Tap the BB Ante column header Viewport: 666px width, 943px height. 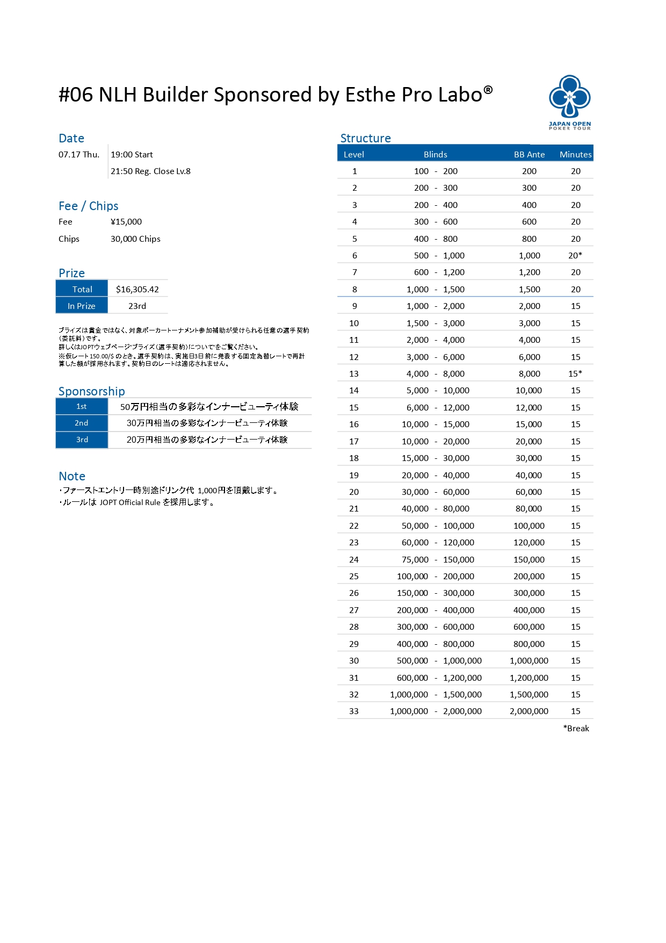(529, 154)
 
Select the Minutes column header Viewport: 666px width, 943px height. (575, 154)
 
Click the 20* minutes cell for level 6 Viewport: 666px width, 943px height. (575, 255)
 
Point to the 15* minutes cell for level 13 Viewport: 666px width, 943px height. (575, 373)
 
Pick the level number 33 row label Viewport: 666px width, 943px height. (354, 711)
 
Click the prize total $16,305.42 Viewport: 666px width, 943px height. (137, 289)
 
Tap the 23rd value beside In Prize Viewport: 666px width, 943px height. (137, 306)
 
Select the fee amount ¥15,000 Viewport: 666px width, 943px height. (126, 221)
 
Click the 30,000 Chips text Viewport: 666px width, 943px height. (135, 239)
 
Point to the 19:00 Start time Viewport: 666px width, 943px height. (132, 154)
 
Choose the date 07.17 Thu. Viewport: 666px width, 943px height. (79, 154)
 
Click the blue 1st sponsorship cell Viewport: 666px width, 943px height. (82, 406)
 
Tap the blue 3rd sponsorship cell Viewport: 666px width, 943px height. (82, 440)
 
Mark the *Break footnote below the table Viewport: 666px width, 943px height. (576, 728)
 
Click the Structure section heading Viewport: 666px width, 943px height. (365, 138)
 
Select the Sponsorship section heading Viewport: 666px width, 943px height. (92, 391)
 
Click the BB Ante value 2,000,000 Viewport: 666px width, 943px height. (529, 711)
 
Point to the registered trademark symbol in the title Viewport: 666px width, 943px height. (488, 89)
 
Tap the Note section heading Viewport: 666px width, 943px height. (72, 476)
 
